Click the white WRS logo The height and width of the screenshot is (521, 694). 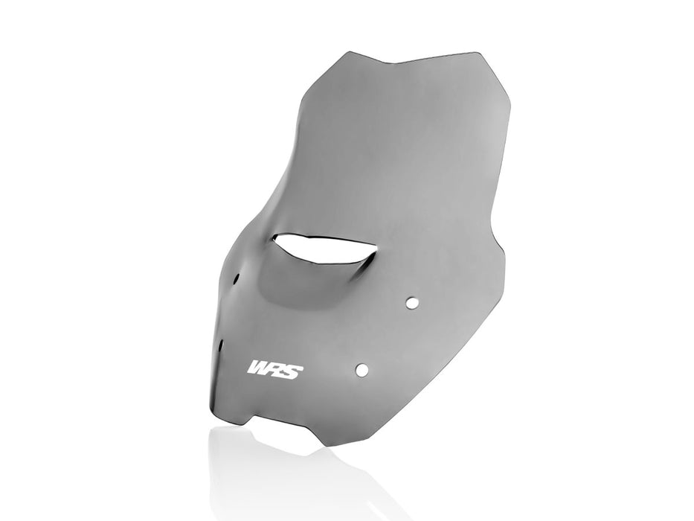coord(275,369)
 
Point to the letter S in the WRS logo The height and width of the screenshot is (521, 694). coord(293,370)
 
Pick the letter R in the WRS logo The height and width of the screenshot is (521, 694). coord(277,369)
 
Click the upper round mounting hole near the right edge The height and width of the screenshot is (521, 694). coord(411,302)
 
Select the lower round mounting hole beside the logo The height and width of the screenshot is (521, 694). coord(362,369)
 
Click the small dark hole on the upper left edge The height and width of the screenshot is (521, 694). coord(237,278)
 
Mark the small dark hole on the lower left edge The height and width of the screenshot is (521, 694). coord(222,344)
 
